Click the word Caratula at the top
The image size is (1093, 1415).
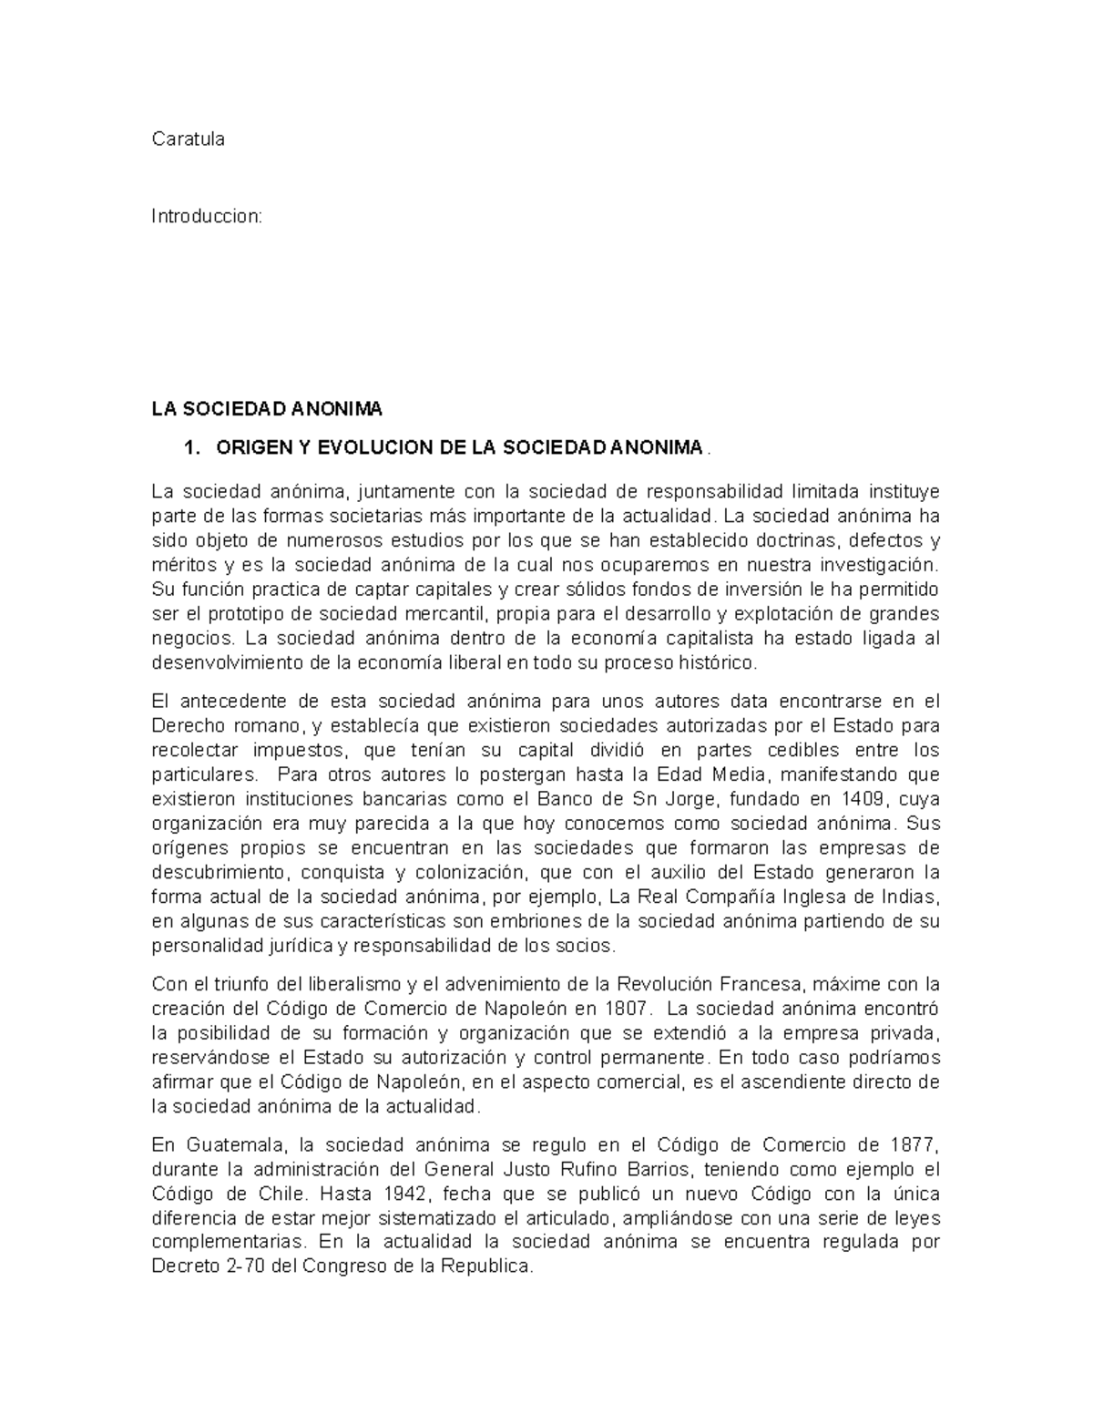(x=188, y=139)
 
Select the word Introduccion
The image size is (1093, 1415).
(x=206, y=217)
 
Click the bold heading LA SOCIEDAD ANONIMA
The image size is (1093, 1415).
(x=267, y=407)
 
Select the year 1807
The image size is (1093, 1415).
(x=627, y=1009)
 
